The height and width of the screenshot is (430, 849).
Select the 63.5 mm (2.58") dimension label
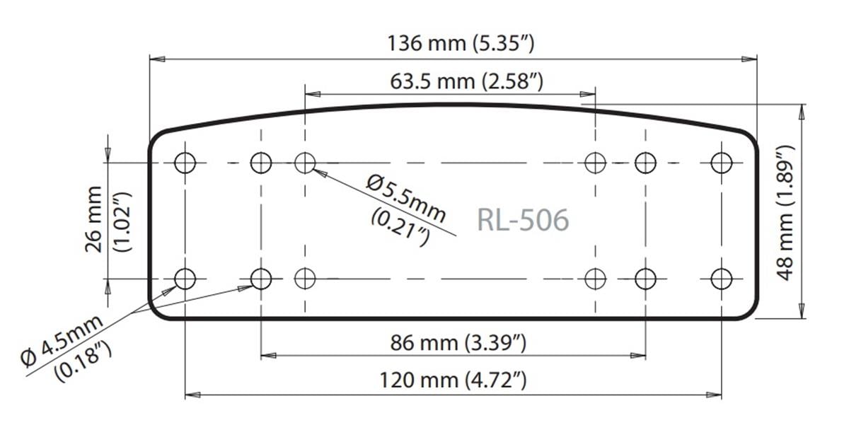click(466, 81)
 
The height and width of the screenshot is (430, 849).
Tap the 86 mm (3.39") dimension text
click(459, 344)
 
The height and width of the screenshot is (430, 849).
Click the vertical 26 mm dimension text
click(95, 219)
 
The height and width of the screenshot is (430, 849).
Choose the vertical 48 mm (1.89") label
click(786, 212)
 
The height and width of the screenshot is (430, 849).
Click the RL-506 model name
click(523, 220)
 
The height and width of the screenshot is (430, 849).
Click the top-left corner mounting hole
click(185, 163)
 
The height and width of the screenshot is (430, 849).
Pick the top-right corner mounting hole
click(721, 163)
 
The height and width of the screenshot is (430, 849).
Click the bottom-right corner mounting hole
click(721, 279)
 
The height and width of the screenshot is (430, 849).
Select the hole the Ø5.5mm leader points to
click(305, 163)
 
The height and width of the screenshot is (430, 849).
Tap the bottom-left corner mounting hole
click(185, 279)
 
